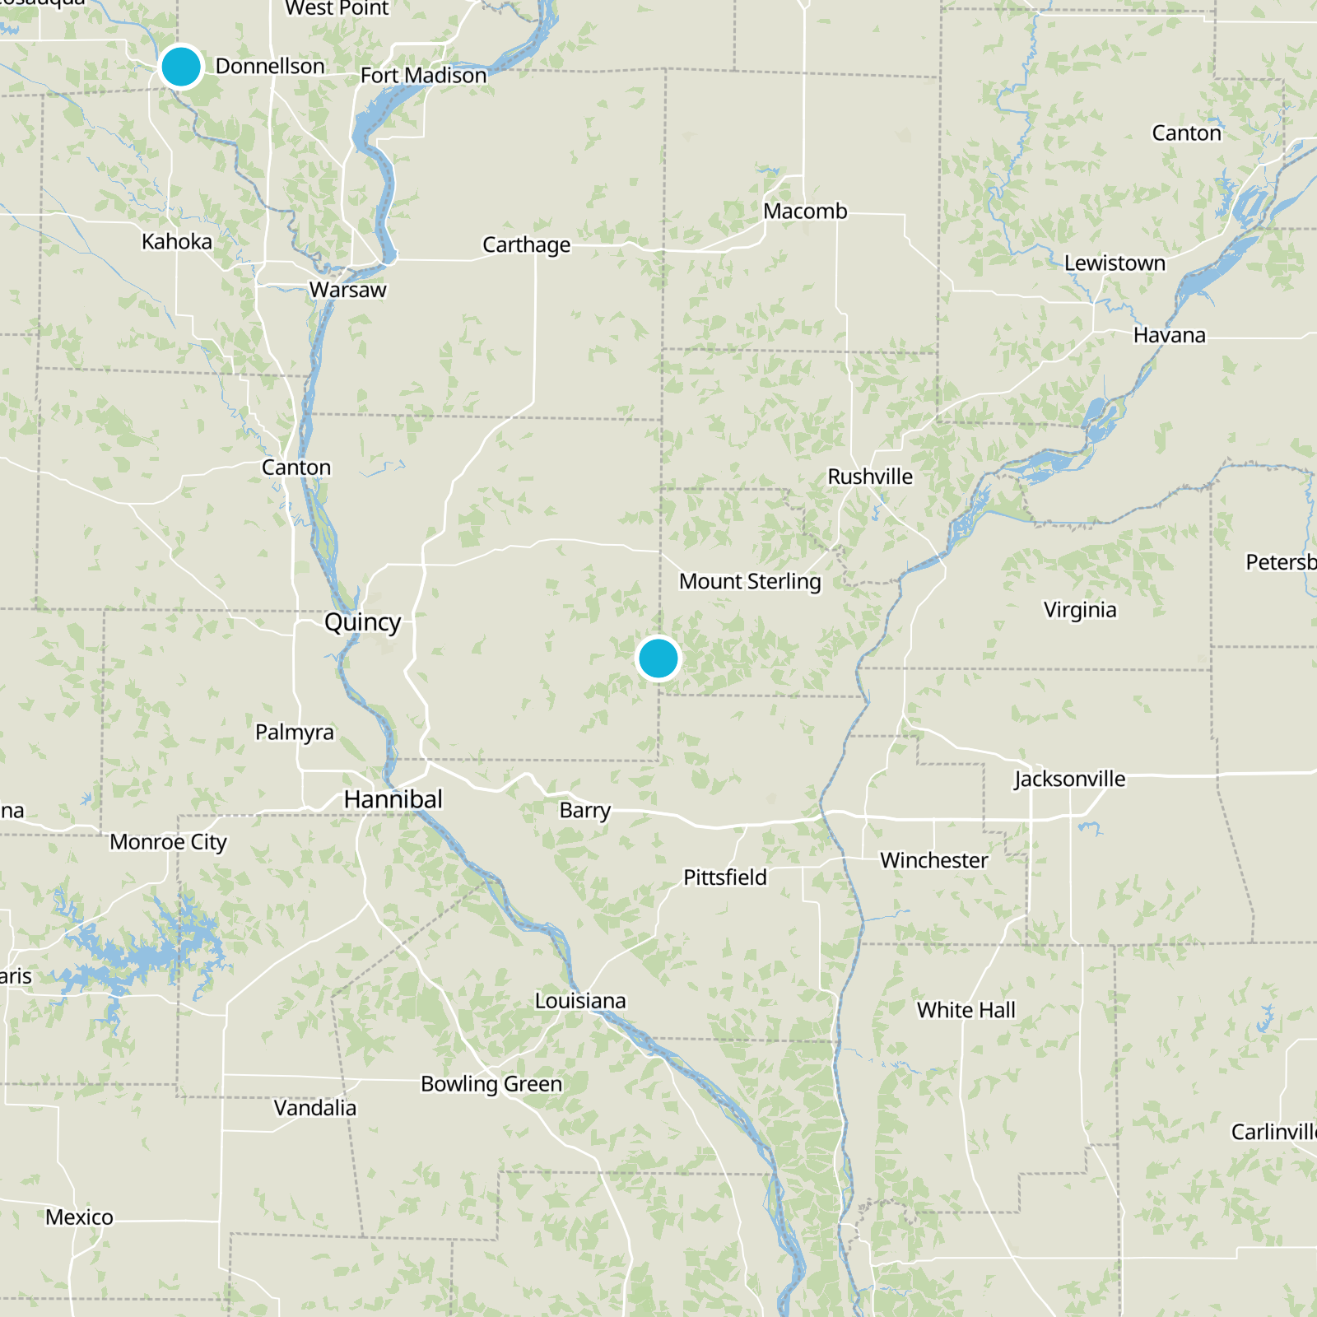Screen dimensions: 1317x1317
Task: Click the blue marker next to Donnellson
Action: (181, 66)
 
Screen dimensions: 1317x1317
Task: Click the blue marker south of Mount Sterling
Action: (658, 658)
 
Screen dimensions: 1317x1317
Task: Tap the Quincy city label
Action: (362, 622)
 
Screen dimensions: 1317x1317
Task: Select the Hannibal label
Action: (393, 799)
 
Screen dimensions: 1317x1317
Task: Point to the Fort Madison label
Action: (424, 76)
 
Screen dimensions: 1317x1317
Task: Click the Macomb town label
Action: (805, 212)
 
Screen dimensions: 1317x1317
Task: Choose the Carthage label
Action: (527, 245)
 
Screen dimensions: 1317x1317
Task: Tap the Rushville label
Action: (870, 477)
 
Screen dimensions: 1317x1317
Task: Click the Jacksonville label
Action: (1069, 779)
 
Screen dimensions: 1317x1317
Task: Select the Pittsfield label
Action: (725, 877)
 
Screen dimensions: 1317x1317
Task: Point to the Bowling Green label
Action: (491, 1084)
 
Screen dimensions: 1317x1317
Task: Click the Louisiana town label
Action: (580, 1001)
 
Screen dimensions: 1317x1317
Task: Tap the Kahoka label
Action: (177, 242)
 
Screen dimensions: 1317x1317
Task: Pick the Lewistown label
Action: (1115, 263)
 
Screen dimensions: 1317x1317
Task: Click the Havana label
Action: (1169, 336)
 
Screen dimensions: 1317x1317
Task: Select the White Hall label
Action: (966, 1010)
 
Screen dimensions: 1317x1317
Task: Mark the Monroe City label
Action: (168, 842)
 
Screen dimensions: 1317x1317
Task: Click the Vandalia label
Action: (315, 1108)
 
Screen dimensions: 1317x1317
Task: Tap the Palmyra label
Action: (295, 733)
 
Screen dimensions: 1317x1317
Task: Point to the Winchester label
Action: (934, 860)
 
